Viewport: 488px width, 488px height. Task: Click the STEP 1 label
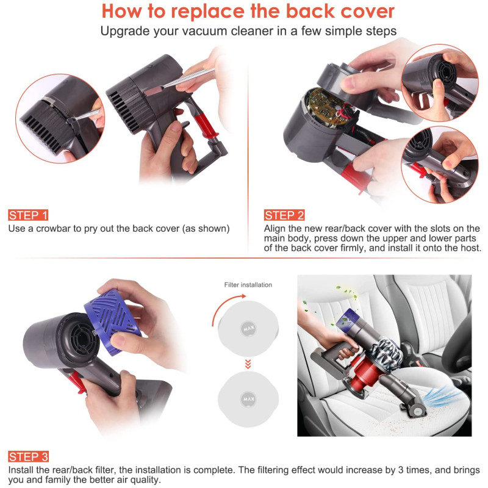pos(28,215)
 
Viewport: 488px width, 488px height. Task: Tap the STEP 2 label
pos(284,215)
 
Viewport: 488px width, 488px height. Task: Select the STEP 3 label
pos(28,457)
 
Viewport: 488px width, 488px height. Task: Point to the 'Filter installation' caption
pos(248,285)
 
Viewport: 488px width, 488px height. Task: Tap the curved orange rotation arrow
pos(226,308)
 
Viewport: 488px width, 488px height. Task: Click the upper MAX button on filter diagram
pos(248,328)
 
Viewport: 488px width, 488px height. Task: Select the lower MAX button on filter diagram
pos(248,399)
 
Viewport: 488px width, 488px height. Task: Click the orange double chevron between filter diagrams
pos(248,364)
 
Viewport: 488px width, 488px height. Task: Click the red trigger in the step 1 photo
pos(204,124)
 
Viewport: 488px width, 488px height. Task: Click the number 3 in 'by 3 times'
pos(401,470)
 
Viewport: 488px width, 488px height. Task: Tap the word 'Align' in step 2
pos(274,229)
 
